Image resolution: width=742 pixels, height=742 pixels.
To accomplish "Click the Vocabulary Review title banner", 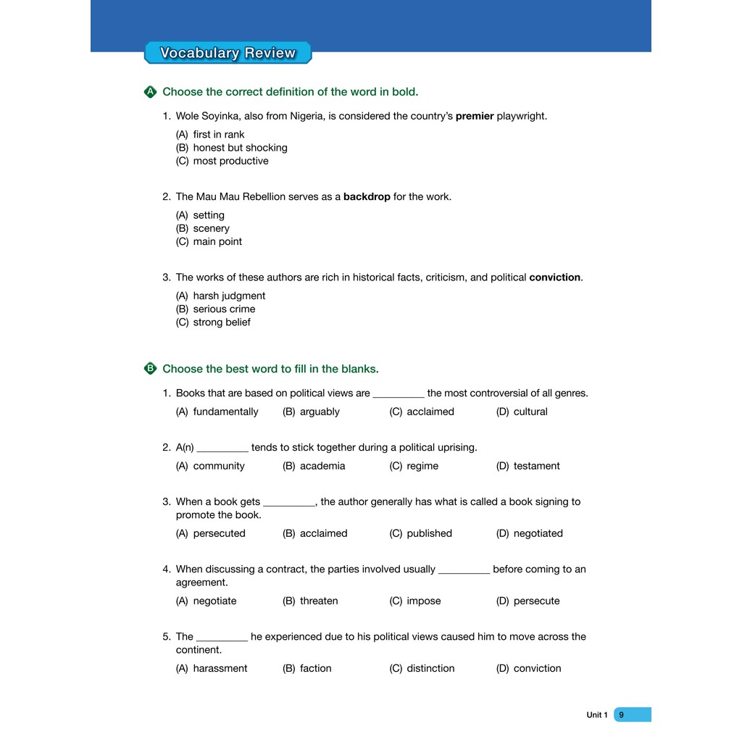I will pyautogui.click(x=228, y=53).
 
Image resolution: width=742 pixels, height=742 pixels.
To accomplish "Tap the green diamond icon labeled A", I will pyautogui.click(x=150, y=92).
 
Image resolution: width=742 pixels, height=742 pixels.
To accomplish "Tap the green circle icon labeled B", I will pyautogui.click(x=150, y=369).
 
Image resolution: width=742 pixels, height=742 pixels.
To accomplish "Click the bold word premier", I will pyautogui.click(x=475, y=116).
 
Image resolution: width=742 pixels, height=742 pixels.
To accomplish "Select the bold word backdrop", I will pyautogui.click(x=367, y=196).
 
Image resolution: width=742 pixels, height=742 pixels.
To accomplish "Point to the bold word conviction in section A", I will pyautogui.click(x=555, y=277).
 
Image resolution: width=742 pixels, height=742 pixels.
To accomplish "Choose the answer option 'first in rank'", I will pyautogui.click(x=218, y=134).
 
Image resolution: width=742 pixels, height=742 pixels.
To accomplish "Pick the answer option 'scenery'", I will pyautogui.click(x=211, y=228).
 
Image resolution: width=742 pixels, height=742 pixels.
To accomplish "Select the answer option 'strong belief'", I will pyautogui.click(x=221, y=322).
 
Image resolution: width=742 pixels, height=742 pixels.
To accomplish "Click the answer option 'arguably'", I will pyautogui.click(x=320, y=412).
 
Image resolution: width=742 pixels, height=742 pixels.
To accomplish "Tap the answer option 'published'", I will pyautogui.click(x=429, y=533).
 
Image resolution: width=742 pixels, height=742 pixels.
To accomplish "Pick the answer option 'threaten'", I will pyautogui.click(x=319, y=601).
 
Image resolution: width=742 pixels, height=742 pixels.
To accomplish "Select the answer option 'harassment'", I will pyautogui.click(x=220, y=668).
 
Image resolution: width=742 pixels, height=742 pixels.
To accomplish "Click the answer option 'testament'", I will pyautogui.click(x=536, y=466).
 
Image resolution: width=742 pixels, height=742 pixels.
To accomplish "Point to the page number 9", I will pyautogui.click(x=622, y=715).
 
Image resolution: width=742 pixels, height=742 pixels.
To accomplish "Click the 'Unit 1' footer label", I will pyautogui.click(x=597, y=715).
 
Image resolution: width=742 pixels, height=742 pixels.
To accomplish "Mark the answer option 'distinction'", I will pyautogui.click(x=430, y=668).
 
